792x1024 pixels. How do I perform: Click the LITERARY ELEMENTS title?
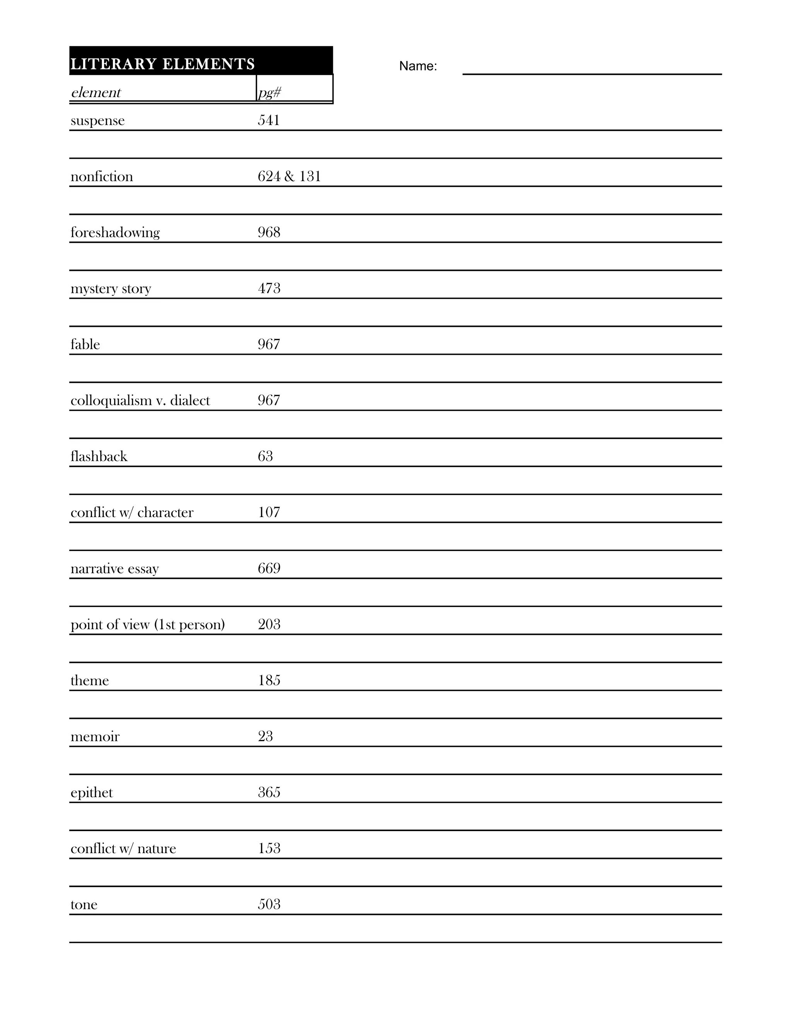pyautogui.click(x=162, y=64)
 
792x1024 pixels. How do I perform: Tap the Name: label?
pyautogui.click(x=418, y=66)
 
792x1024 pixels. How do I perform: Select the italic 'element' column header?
pyautogui.click(x=96, y=92)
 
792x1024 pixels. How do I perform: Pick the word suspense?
pyautogui.click(x=97, y=121)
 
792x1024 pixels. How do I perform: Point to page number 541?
pyautogui.click(x=269, y=120)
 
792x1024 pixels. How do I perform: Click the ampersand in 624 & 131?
pyautogui.click(x=290, y=176)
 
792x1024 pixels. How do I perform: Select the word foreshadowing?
pyautogui.click(x=115, y=233)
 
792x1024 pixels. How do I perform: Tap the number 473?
pyautogui.click(x=269, y=288)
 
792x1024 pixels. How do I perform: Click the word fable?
pyautogui.click(x=85, y=345)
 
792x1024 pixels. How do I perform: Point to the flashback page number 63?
pyautogui.click(x=265, y=456)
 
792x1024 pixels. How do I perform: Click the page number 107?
pyautogui.click(x=269, y=512)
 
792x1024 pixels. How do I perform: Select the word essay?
pyautogui.click(x=143, y=569)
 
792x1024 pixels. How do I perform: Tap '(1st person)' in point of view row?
pyautogui.click(x=189, y=624)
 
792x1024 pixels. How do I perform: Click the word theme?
pyautogui.click(x=90, y=680)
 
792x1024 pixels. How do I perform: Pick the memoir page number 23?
pyautogui.click(x=265, y=736)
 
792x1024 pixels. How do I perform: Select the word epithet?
pyautogui.click(x=92, y=793)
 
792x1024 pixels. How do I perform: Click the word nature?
pyautogui.click(x=157, y=849)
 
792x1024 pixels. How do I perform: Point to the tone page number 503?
pyautogui.click(x=269, y=904)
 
